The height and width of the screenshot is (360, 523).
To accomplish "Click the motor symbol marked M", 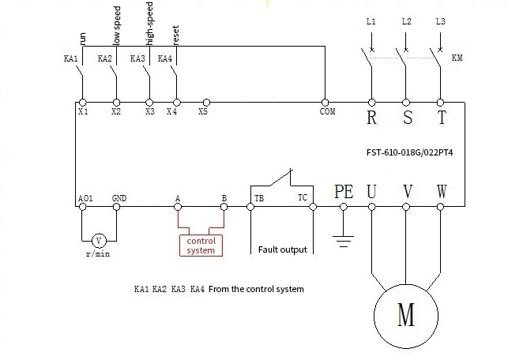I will [406, 317].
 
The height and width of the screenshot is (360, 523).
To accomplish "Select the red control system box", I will [201, 246].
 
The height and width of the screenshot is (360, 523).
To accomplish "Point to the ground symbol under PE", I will [343, 237].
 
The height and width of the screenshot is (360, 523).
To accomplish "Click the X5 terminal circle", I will [206, 103].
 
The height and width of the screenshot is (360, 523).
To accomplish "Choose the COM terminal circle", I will [325, 103].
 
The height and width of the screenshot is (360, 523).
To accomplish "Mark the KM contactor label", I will [457, 58].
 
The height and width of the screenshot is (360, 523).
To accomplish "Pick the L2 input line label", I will [405, 21].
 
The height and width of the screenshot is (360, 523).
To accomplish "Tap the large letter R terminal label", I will [371, 119].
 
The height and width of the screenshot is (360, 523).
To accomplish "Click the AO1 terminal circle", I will [82, 208].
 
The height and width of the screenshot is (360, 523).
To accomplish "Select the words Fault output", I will [282, 250].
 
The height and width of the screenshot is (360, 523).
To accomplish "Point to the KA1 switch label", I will [70, 58].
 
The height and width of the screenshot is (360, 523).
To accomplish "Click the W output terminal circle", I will [441, 208].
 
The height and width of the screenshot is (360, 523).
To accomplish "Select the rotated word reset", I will [176, 36].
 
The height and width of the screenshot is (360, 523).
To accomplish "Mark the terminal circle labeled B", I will [224, 208].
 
